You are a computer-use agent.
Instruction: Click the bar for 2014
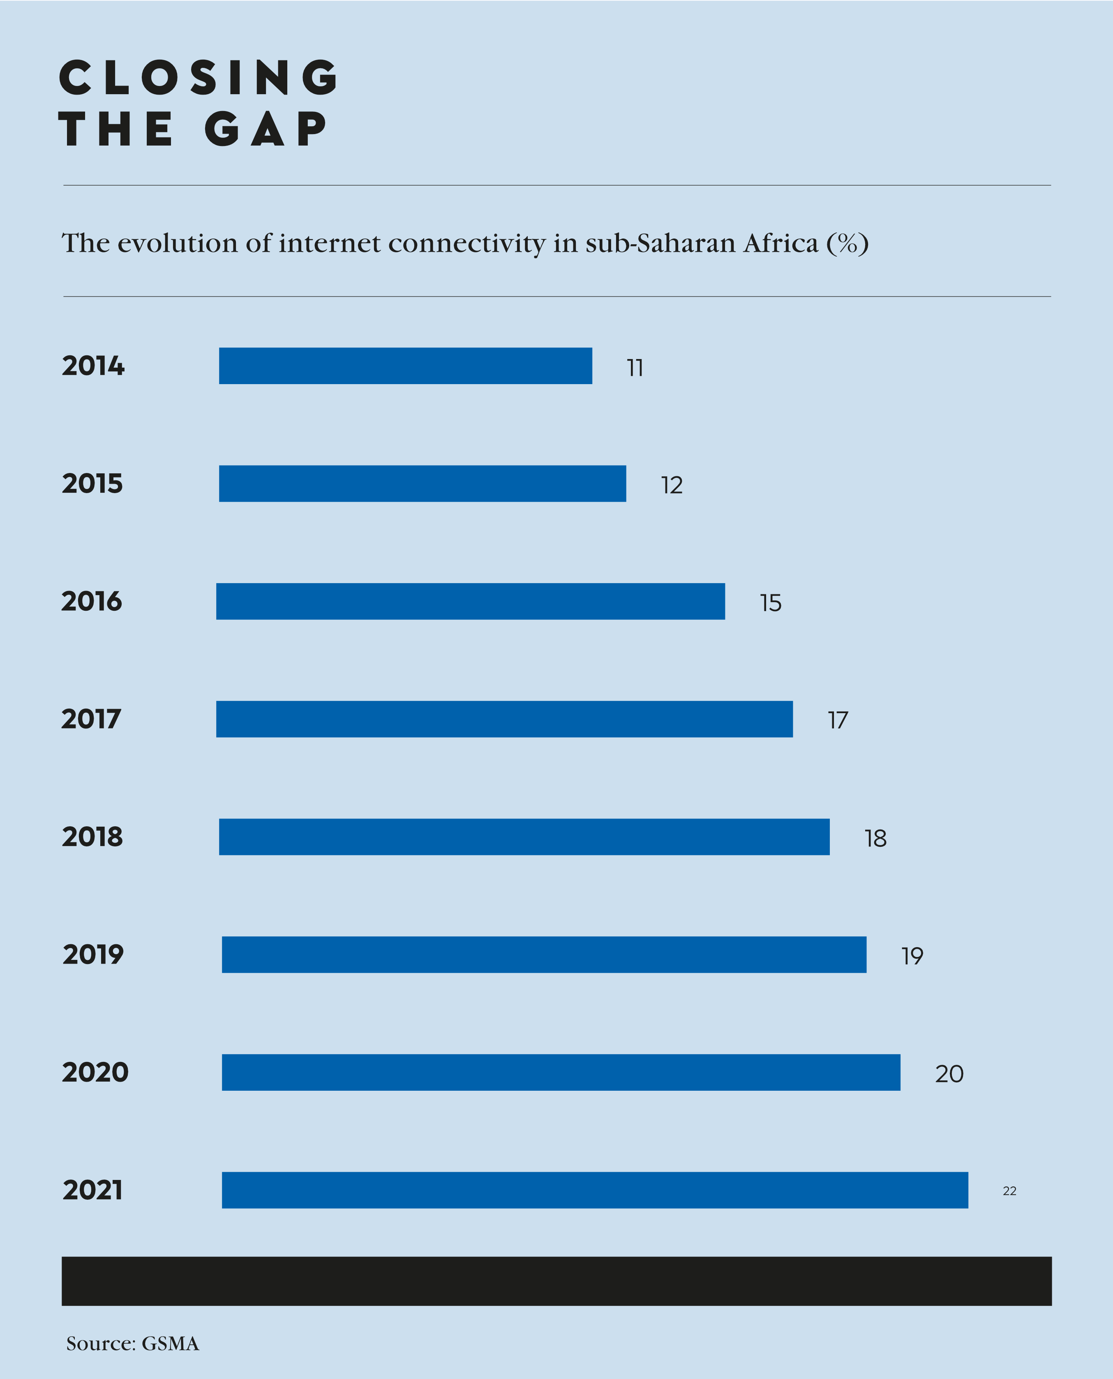[x=405, y=366]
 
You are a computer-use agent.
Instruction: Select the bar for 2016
[x=471, y=601]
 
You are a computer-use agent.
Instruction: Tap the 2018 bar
[x=524, y=837]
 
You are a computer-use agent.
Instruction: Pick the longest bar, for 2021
[x=595, y=1190]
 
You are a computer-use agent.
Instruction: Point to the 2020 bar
[x=561, y=1072]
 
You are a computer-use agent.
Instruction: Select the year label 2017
[x=91, y=719]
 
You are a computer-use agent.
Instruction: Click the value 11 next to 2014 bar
[x=635, y=368]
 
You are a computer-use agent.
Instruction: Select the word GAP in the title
[x=266, y=129]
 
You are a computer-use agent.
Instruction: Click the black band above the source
[x=556, y=1281]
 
